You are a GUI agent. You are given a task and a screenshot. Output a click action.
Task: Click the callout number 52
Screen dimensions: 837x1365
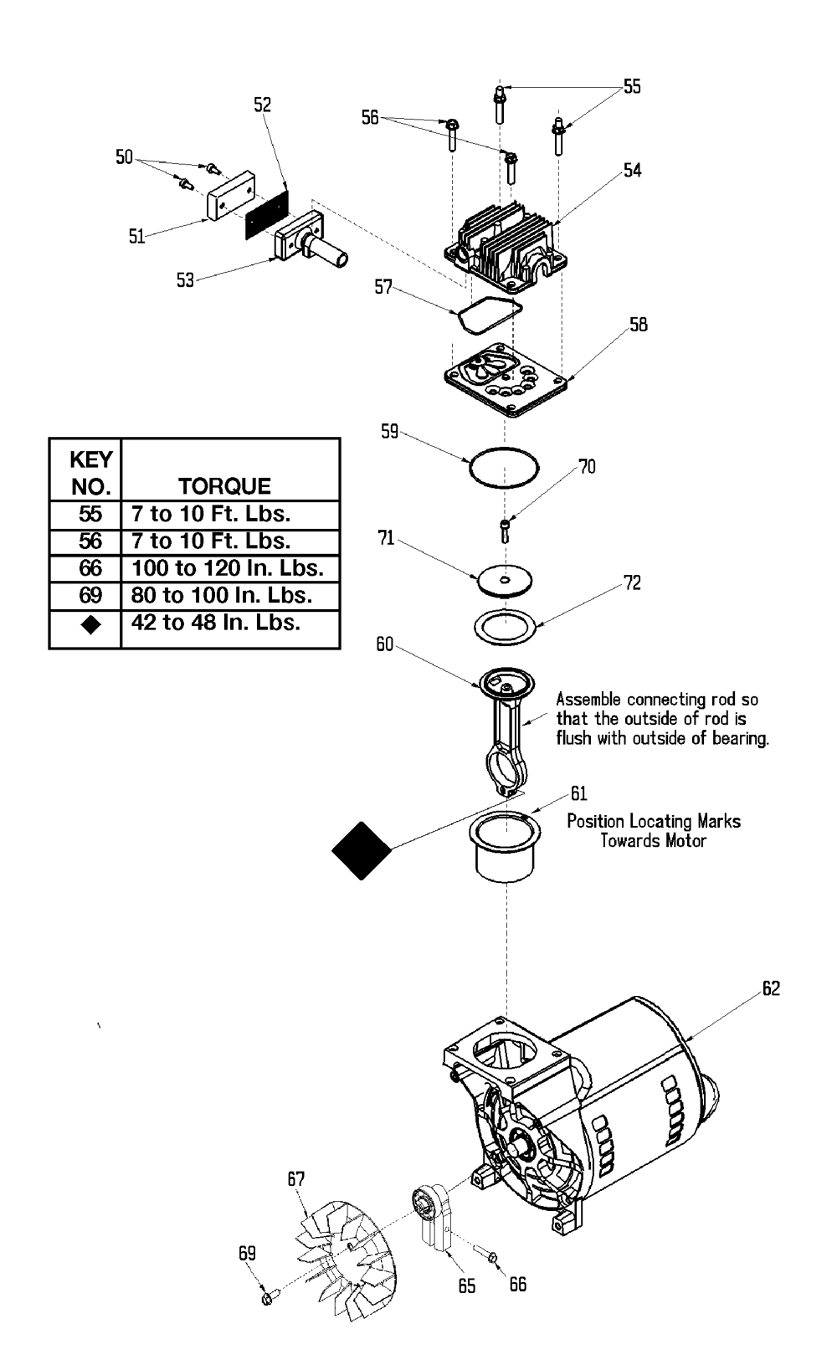click(262, 105)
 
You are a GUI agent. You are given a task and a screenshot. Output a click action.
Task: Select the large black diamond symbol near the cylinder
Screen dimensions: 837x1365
click(362, 850)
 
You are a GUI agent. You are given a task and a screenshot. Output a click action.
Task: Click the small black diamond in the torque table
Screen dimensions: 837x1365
click(91, 624)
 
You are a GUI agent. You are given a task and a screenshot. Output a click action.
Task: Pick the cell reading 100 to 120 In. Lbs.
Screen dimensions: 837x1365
click(228, 568)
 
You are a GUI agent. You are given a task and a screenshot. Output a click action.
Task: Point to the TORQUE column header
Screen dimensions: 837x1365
click(224, 486)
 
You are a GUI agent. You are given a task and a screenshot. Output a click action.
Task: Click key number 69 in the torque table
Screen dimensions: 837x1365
click(90, 595)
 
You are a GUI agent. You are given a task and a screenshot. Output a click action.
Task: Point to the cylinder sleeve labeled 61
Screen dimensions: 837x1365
click(505, 846)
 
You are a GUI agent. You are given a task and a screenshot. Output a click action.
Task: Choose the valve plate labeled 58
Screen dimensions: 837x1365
click(506, 380)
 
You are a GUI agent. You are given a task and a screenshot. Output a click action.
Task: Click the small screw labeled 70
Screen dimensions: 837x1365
click(505, 531)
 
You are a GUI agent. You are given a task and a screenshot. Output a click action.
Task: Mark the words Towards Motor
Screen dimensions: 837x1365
click(653, 841)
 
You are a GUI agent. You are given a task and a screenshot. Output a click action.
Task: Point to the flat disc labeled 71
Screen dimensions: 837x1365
click(505, 580)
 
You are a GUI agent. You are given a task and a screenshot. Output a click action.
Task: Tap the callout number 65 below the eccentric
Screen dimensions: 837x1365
click(467, 1286)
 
